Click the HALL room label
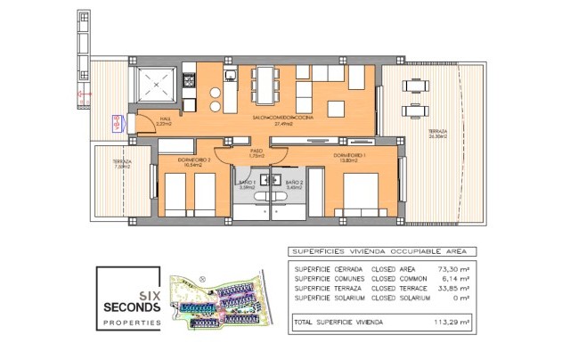pyautogui.click(x=164, y=120)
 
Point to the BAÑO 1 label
pyautogui.click(x=248, y=184)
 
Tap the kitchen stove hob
pyautogui.click(x=190, y=80)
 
